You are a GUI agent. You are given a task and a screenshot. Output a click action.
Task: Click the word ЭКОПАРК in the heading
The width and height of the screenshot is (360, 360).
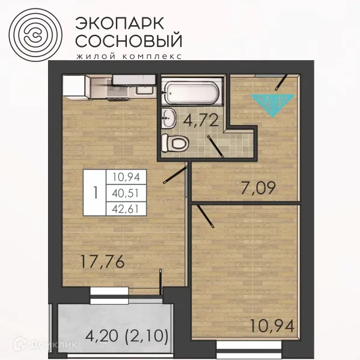tap(117, 22)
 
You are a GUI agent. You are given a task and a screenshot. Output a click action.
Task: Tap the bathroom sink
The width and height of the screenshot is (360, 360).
tap(170, 118)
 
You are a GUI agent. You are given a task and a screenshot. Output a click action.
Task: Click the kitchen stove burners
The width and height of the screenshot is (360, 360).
tap(116, 90)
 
